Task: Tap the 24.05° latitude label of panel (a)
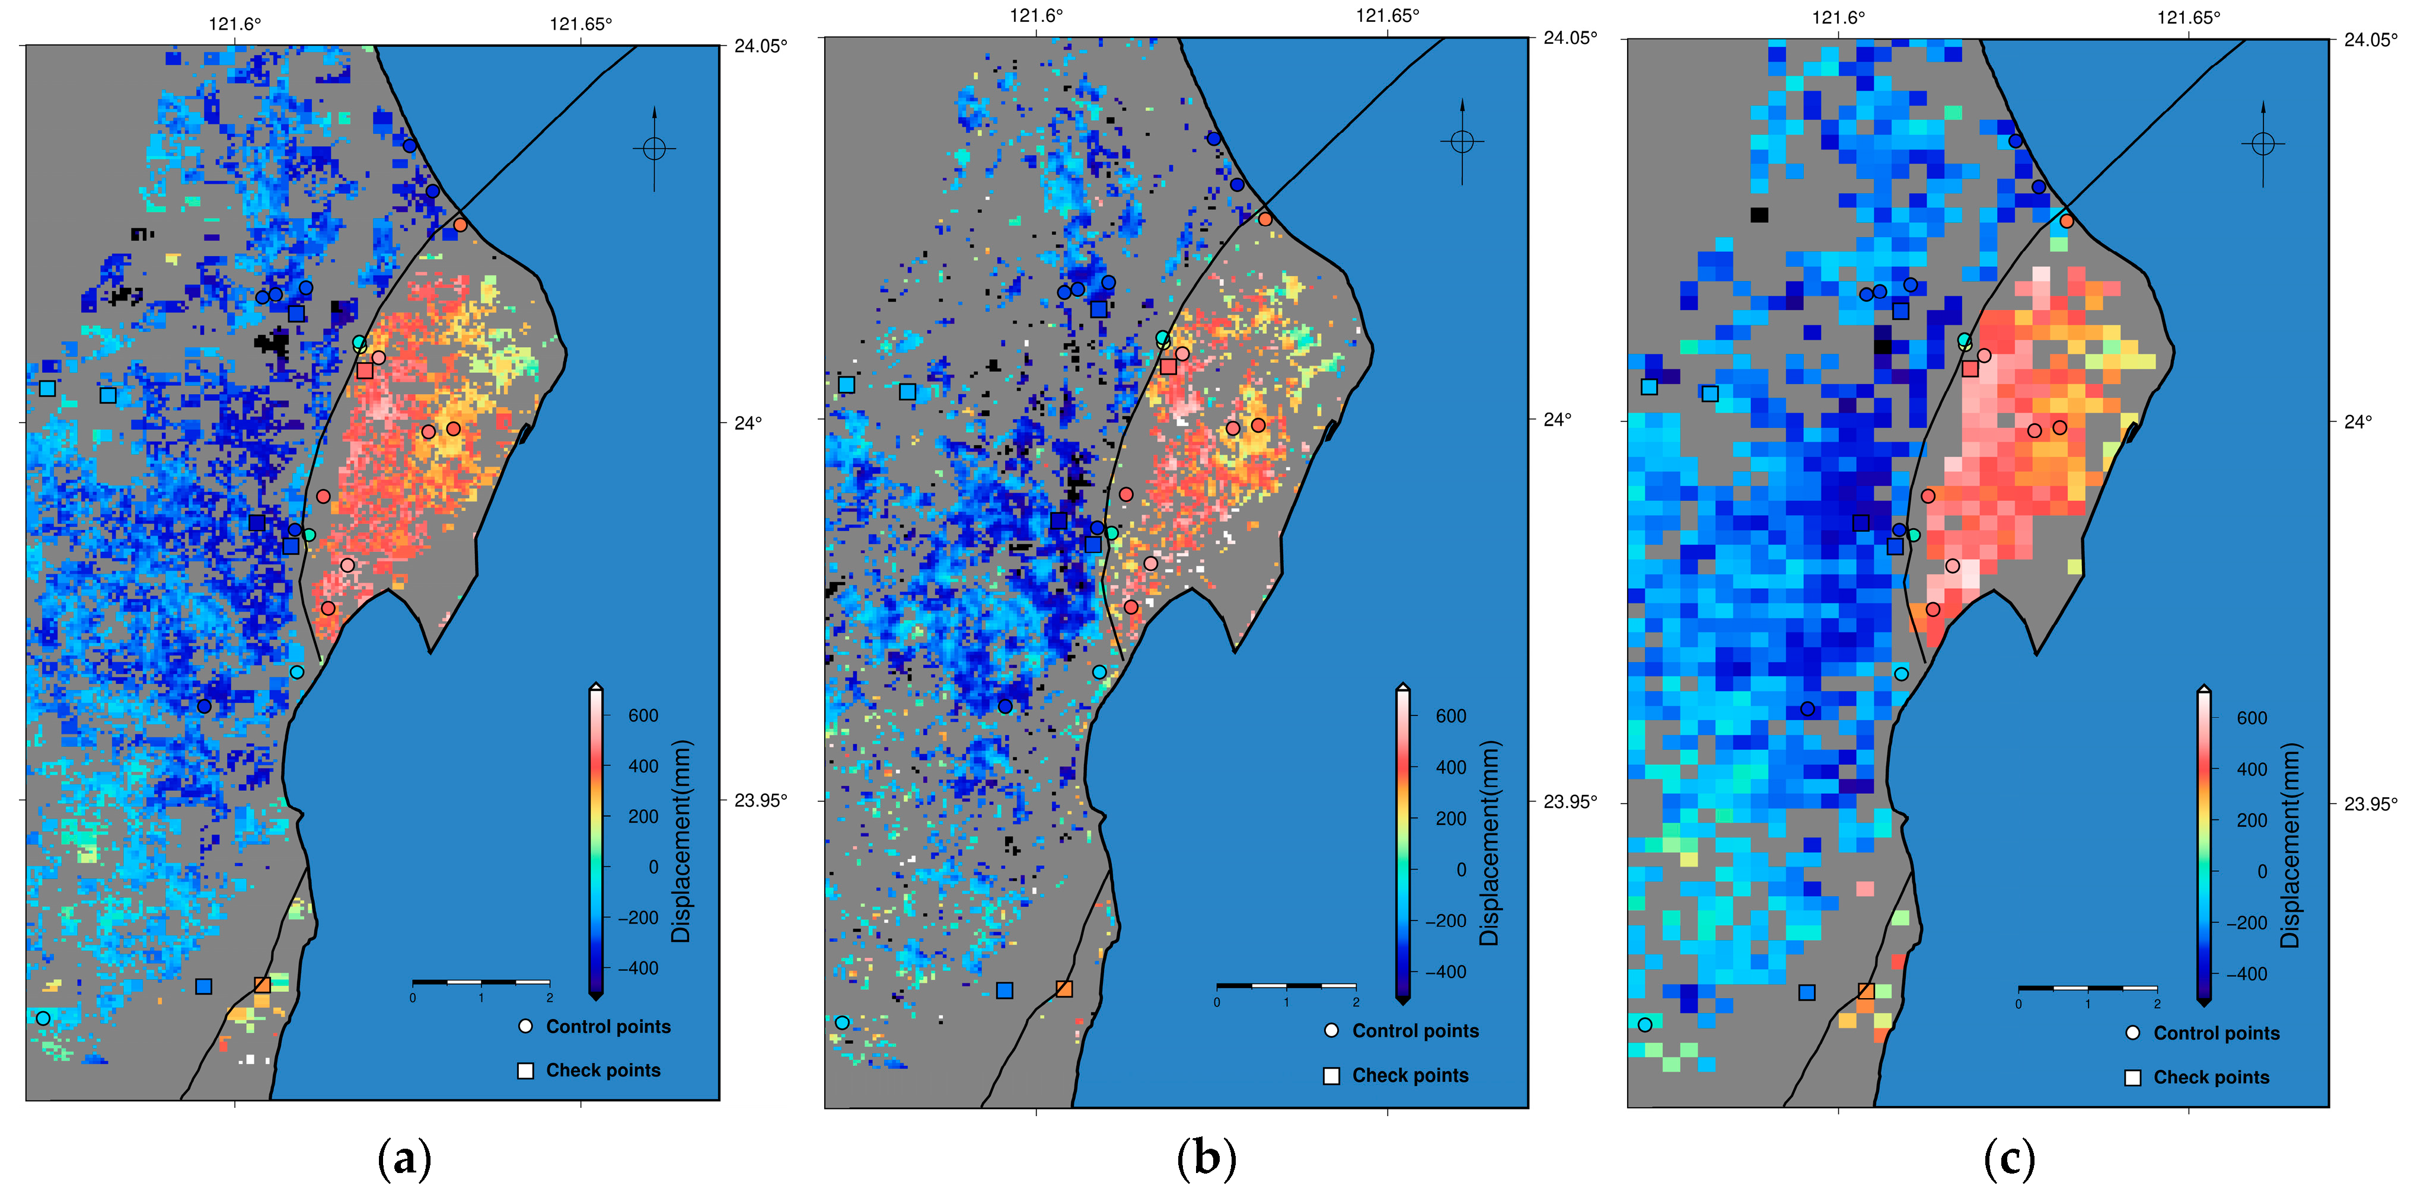click(760, 45)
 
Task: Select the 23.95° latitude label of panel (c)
click(2370, 803)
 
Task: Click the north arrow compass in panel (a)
click(654, 148)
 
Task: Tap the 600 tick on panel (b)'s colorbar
click(1450, 716)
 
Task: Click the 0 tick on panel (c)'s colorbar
click(2261, 871)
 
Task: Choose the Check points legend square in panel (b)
click(1331, 1076)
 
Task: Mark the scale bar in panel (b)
click(1286, 986)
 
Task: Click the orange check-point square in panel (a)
click(262, 985)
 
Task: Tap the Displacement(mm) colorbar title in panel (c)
click(2289, 845)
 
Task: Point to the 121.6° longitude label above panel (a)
click(234, 24)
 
